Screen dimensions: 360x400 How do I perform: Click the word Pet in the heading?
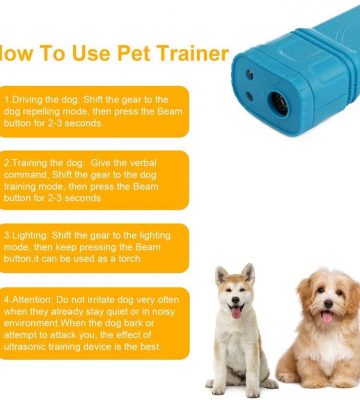pyautogui.click(x=134, y=53)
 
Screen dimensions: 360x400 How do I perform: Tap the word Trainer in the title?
pyautogui.click(x=193, y=53)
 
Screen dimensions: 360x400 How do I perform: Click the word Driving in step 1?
pyautogui.click(x=24, y=100)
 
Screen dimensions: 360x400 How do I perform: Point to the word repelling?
pyautogui.click(x=37, y=111)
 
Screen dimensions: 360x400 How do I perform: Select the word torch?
pyautogui.click(x=130, y=259)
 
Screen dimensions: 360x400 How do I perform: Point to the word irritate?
pyautogui.click(x=102, y=300)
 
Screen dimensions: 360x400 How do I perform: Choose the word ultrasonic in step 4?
pyautogui.click(x=25, y=347)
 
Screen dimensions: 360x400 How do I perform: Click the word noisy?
pyautogui.click(x=164, y=312)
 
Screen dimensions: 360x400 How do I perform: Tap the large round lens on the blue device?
pyautogui.click(x=279, y=104)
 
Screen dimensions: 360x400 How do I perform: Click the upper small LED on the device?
pyautogui.click(x=249, y=74)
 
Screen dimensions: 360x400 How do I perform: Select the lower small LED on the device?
pyautogui.click(x=249, y=96)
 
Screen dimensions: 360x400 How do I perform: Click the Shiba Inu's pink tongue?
pyautogui.click(x=236, y=312)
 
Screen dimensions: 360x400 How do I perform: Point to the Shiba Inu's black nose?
pyautogui.click(x=236, y=300)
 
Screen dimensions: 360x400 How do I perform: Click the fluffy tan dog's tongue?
pyautogui.click(x=327, y=317)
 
